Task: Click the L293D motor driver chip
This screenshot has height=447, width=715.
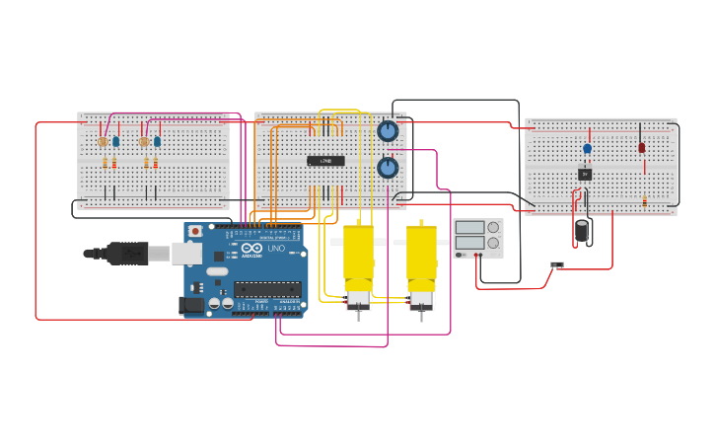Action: click(x=325, y=161)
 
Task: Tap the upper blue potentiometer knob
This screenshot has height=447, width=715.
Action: click(x=388, y=131)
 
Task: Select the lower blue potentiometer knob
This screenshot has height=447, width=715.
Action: click(x=388, y=168)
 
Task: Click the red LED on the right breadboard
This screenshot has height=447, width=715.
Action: click(x=641, y=147)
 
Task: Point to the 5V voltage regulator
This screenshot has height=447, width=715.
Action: click(x=585, y=174)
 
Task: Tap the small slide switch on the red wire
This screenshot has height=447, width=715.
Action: click(x=556, y=264)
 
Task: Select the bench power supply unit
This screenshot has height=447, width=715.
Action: click(x=478, y=239)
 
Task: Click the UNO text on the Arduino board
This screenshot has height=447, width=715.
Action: click(x=276, y=249)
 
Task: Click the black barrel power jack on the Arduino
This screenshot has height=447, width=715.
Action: click(x=193, y=305)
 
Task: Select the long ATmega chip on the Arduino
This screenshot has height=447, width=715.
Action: click(x=267, y=289)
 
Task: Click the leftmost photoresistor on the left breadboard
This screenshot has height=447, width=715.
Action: click(x=103, y=142)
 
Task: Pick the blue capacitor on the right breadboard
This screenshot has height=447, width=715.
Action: click(x=587, y=149)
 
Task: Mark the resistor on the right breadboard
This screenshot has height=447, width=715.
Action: click(x=644, y=200)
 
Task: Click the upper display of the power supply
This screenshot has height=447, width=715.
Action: click(x=469, y=227)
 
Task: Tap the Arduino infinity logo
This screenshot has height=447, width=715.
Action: click(x=251, y=249)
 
